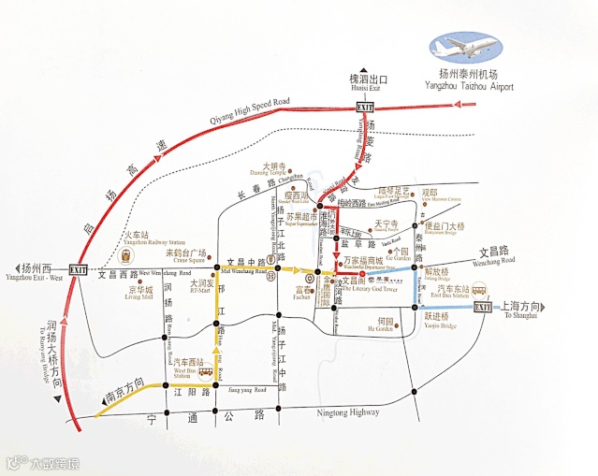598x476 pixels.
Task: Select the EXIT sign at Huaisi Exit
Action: click(x=366, y=108)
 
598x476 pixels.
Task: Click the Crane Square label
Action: click(x=187, y=256)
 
